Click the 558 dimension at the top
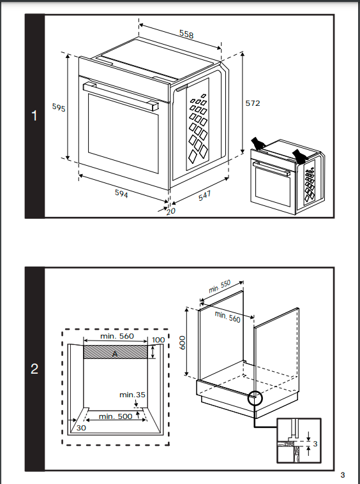pos(186,34)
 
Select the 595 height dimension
pos(59,107)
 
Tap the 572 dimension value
pos(253,103)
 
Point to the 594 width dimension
pos(121,193)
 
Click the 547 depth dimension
pos(204,196)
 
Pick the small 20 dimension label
pos(170,211)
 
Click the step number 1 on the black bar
pos(34,116)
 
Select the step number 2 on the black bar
pos(34,369)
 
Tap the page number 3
pos(342,474)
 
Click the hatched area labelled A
pos(116,352)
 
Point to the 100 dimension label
pos(158,340)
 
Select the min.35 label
pos(132,395)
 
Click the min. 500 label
pos(116,416)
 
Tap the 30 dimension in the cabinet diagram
pos(81,428)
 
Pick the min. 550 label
pos(220,286)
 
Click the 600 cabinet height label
pos(183,342)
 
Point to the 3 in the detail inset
pos(315,444)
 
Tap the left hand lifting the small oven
pos(258,143)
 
